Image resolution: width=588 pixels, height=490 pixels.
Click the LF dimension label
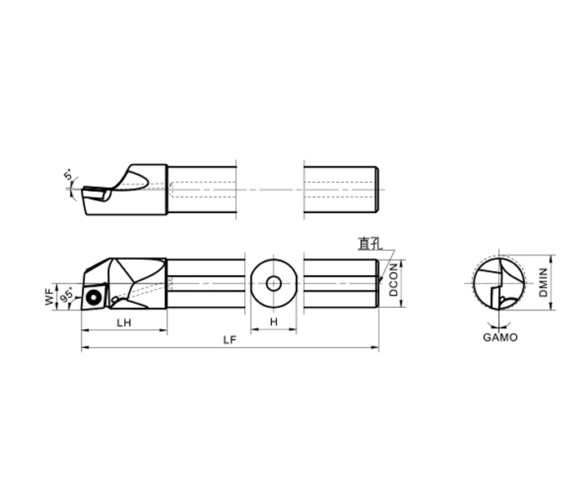coord(229,340)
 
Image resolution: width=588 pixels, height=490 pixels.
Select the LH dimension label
coord(124,323)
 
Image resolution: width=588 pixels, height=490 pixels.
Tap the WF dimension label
coord(50,297)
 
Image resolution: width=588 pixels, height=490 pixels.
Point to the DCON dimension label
coord(394,279)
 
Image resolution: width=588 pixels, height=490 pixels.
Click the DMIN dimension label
coord(543,283)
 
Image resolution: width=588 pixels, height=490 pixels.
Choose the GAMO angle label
coord(500,337)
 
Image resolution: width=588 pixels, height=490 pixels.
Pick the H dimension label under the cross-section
coord(274,322)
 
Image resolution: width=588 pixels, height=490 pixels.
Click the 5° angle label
coord(69,175)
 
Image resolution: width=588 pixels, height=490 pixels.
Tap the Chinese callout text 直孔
coord(370,243)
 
